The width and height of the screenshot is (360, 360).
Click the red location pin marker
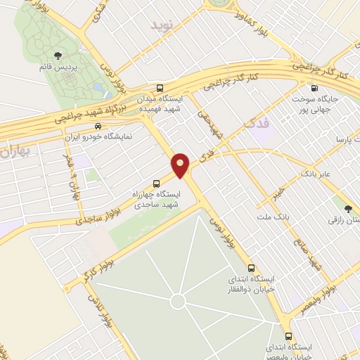[x=181, y=165]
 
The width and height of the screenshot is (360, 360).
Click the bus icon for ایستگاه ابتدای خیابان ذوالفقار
[x=251, y=269]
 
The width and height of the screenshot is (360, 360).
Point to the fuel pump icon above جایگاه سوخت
[x=313, y=88]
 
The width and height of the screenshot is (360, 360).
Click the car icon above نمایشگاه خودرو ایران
[x=97, y=127]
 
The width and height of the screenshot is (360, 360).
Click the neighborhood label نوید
[x=161, y=25]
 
